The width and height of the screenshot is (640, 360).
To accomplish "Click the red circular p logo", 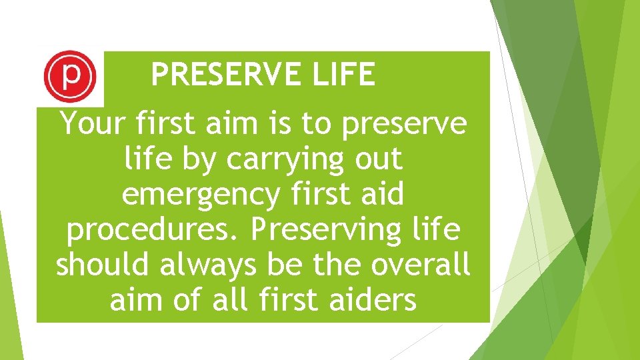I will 69,78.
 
